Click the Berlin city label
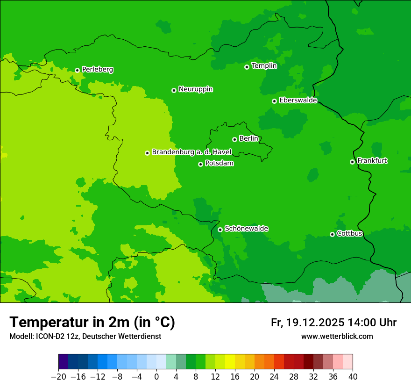[x=248, y=139]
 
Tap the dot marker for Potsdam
[x=200, y=164]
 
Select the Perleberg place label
[x=98, y=70]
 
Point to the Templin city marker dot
[x=247, y=67]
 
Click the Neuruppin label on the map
[x=196, y=89]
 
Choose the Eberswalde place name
[x=298, y=101]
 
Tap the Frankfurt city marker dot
[x=352, y=162]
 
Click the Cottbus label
[x=349, y=233]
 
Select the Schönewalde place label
[x=246, y=229]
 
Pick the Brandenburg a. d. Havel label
[x=191, y=152]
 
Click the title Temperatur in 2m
[x=92, y=323]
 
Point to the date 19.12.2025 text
[x=315, y=323]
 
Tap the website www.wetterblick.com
[x=337, y=337]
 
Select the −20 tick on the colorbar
[x=58, y=376]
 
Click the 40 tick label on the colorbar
[x=353, y=376]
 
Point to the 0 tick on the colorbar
[x=156, y=376]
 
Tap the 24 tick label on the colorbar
[x=274, y=376]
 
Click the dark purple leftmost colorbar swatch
[x=64, y=362]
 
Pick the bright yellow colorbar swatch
[x=230, y=362]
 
